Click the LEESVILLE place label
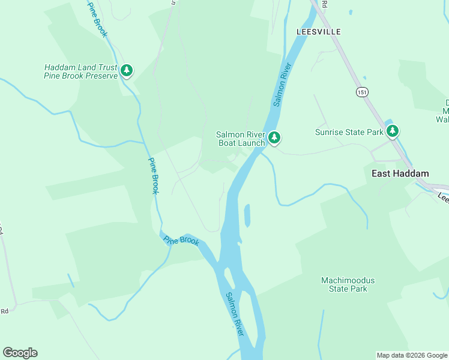318,31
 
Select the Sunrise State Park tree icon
393,131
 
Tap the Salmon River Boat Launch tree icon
274,138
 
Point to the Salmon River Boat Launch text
240,139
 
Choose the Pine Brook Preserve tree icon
127,71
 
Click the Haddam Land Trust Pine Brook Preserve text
80,72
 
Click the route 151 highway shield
361,92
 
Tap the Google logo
20,353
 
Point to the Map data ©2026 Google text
412,355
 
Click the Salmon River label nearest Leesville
282,85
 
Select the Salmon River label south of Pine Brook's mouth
234,314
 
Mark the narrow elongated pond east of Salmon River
247,215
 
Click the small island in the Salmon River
230,277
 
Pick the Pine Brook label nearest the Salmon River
181,240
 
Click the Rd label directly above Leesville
325,3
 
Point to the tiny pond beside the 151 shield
364,77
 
